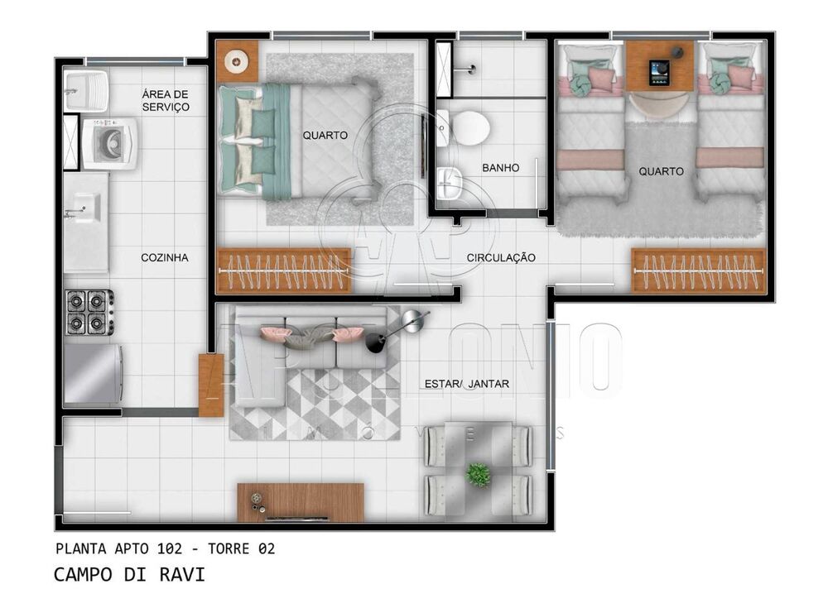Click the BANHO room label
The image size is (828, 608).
pyautogui.click(x=500, y=168)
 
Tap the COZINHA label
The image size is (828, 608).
pyautogui.click(x=164, y=258)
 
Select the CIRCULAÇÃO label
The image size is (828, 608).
pyautogui.click(x=501, y=258)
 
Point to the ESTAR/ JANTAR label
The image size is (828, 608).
pyautogui.click(x=466, y=383)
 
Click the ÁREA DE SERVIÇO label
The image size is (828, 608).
pyautogui.click(x=166, y=100)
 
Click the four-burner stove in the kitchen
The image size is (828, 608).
pyautogui.click(x=89, y=312)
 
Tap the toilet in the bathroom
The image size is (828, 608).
pyautogui.click(x=467, y=127)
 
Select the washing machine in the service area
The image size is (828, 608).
pyautogui.click(x=109, y=142)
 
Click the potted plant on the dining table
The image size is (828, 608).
pyautogui.click(x=478, y=474)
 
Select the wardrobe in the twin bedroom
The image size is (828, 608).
pyautogui.click(x=699, y=270)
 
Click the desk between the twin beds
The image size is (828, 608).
pyautogui.click(x=659, y=65)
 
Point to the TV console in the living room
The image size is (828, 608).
pyautogui.click(x=301, y=502)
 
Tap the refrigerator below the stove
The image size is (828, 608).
pyautogui.click(x=93, y=373)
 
